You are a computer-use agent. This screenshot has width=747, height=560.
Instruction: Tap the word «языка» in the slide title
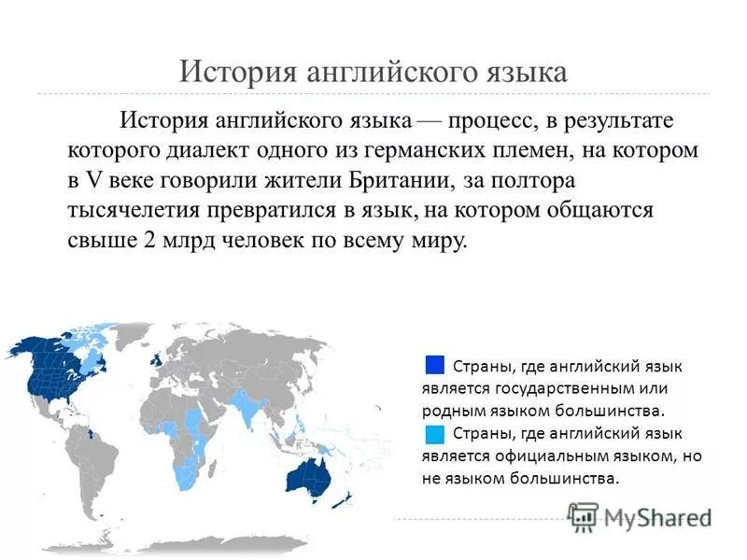coord(522,73)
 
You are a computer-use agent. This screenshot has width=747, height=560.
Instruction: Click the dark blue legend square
coord(433,365)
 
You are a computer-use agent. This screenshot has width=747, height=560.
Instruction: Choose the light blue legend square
coord(433,434)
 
